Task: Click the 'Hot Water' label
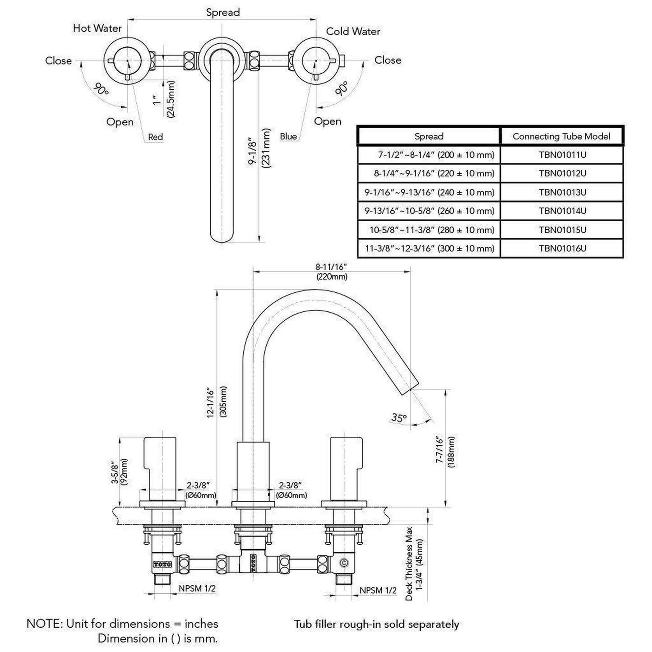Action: coord(97,28)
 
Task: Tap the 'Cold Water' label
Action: coord(353,32)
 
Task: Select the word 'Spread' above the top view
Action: coord(222,13)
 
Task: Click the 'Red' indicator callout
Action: coord(155,137)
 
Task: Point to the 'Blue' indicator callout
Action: coord(288,137)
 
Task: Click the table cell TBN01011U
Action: coord(562,155)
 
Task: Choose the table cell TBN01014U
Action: coord(562,211)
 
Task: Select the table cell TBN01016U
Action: coord(562,248)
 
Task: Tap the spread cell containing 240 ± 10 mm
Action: coord(429,192)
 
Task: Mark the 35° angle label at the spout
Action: coord(398,417)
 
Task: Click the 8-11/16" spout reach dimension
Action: coord(331,267)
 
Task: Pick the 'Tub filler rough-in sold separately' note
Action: coord(376,624)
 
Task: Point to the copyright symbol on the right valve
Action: coord(343,563)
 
